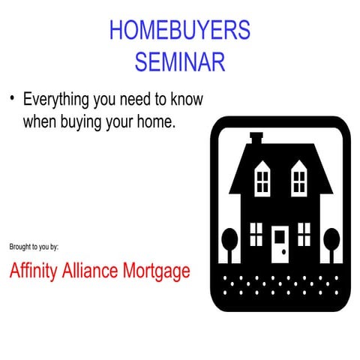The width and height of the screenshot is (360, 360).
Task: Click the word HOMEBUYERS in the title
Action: click(179, 31)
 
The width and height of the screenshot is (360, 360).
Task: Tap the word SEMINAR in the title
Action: click(179, 61)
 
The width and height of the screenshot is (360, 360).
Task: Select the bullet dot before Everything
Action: click(12, 99)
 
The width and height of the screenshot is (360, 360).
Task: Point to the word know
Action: click(186, 100)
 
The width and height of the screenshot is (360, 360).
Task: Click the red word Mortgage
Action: click(162, 271)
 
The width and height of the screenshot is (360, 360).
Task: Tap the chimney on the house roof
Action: click(256, 139)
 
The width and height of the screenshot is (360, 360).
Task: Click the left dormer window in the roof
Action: click(262, 178)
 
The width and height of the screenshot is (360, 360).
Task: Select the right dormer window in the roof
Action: click(299, 178)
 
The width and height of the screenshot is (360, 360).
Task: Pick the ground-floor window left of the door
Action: click(256, 234)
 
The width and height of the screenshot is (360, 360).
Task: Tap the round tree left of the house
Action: click(229, 241)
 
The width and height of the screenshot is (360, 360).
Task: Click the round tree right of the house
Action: click(331, 241)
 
